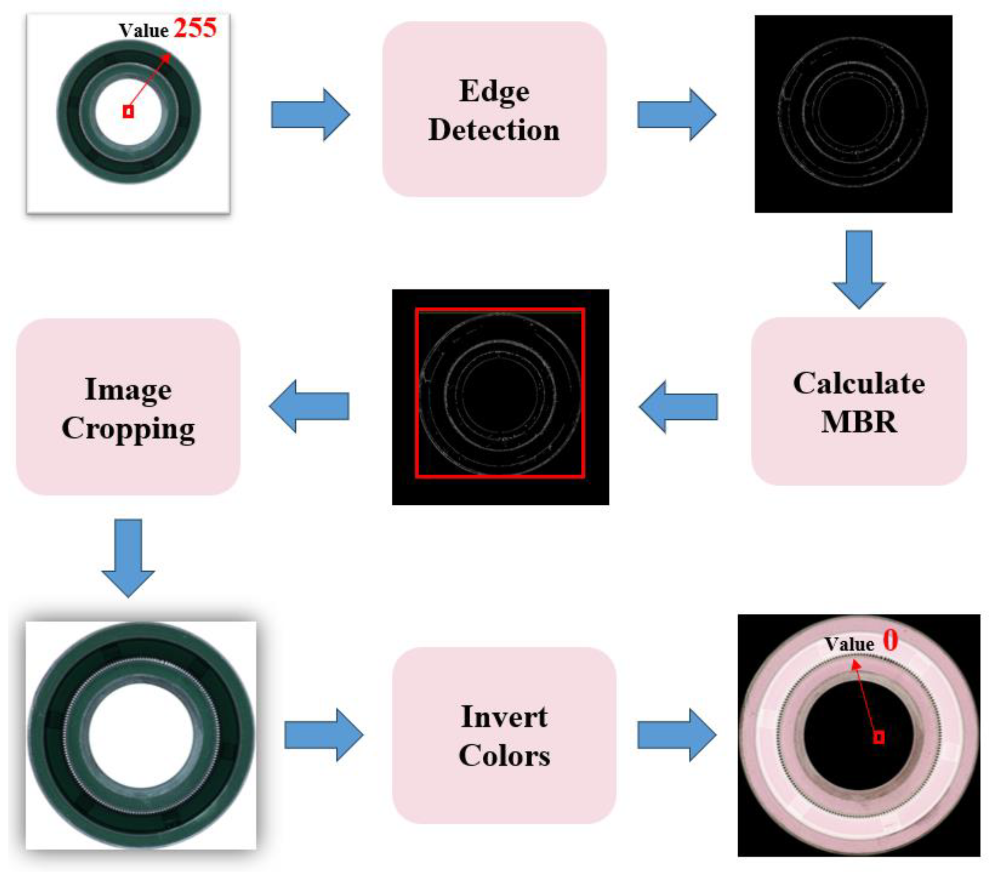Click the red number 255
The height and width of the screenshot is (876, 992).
coord(195,28)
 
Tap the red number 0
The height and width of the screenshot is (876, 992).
coord(890,640)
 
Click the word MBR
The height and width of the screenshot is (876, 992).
coord(858,422)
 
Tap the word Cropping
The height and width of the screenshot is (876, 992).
coord(128,429)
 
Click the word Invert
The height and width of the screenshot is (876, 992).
coord(504,717)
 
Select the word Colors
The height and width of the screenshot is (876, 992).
coord(504,756)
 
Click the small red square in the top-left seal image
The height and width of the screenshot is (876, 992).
coord(128,112)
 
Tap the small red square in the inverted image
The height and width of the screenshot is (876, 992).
coord(878,738)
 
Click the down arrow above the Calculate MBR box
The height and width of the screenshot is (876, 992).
coord(858,269)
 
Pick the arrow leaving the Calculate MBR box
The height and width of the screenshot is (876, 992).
coord(679,407)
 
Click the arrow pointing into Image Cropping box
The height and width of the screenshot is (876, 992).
coord(309,407)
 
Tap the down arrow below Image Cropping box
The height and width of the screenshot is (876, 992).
coord(128,557)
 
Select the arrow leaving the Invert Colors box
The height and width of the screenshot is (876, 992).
coord(676,735)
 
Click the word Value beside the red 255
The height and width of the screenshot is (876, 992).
coord(144,30)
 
